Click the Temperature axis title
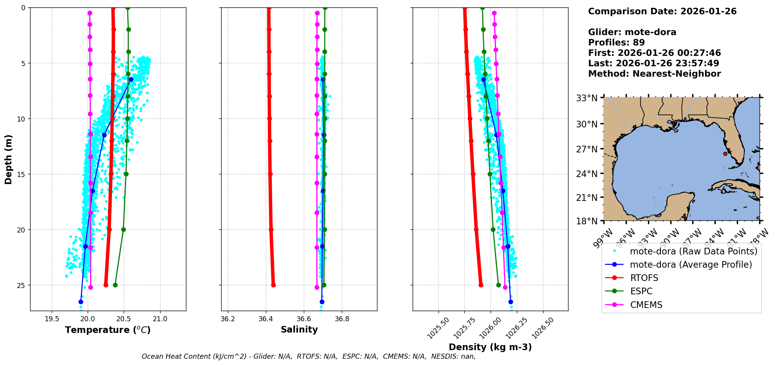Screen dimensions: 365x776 108,330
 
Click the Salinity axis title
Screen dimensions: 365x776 299,329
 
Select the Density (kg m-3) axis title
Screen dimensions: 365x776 490,347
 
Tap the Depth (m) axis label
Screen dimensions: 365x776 9,159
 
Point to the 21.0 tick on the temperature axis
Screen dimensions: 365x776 160,319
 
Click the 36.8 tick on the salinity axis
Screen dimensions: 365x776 342,319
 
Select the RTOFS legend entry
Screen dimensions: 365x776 644,278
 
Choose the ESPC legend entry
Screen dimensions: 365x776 641,291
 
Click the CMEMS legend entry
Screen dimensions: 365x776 646,305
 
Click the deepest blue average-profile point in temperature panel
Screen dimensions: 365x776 81,302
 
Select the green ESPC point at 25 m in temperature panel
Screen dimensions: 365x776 115,285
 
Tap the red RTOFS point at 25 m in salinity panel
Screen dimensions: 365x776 273,285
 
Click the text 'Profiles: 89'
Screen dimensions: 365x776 616,43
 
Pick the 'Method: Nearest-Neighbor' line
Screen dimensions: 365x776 654,74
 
